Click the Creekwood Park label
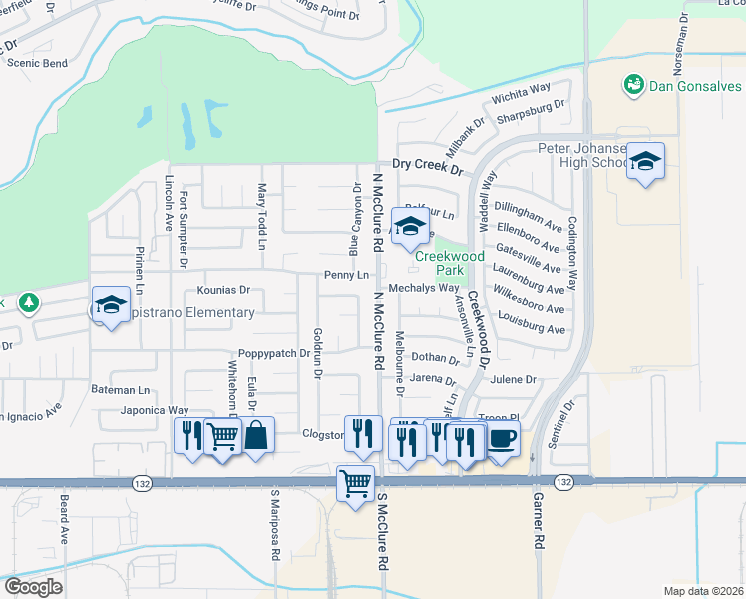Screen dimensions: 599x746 (450, 263)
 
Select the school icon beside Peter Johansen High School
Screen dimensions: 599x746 (645, 162)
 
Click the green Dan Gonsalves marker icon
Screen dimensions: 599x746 (633, 85)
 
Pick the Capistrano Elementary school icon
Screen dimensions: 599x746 (111, 303)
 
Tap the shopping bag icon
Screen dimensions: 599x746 (256, 435)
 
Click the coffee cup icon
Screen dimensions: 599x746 (502, 437)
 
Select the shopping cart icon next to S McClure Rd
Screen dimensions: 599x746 (355, 483)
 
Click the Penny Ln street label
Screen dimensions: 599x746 (347, 275)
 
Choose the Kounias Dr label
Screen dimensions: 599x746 (223, 291)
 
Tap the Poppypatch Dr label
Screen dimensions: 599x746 (274, 354)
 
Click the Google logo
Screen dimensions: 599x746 (32, 587)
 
